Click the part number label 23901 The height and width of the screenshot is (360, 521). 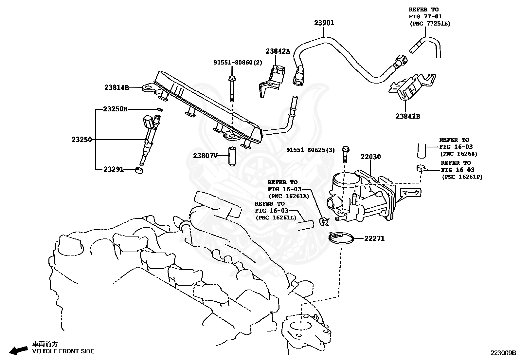324,23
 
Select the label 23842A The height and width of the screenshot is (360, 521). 278,51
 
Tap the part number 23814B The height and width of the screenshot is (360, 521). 117,87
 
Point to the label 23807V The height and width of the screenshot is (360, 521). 205,156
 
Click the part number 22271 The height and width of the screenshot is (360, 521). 375,238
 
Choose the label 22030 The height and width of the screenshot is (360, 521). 371,157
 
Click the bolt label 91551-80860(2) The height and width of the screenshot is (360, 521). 238,63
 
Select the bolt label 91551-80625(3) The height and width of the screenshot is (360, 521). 311,150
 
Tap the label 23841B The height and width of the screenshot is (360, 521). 408,116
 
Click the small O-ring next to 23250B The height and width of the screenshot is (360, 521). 160,109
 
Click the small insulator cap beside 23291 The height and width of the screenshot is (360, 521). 139,170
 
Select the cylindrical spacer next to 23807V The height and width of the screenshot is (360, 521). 232,157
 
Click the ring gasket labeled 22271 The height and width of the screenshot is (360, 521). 341,238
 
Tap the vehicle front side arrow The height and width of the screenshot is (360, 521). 19,350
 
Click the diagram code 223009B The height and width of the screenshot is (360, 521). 503,353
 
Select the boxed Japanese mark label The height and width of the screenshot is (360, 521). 410,193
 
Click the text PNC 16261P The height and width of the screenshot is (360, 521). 462,177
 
